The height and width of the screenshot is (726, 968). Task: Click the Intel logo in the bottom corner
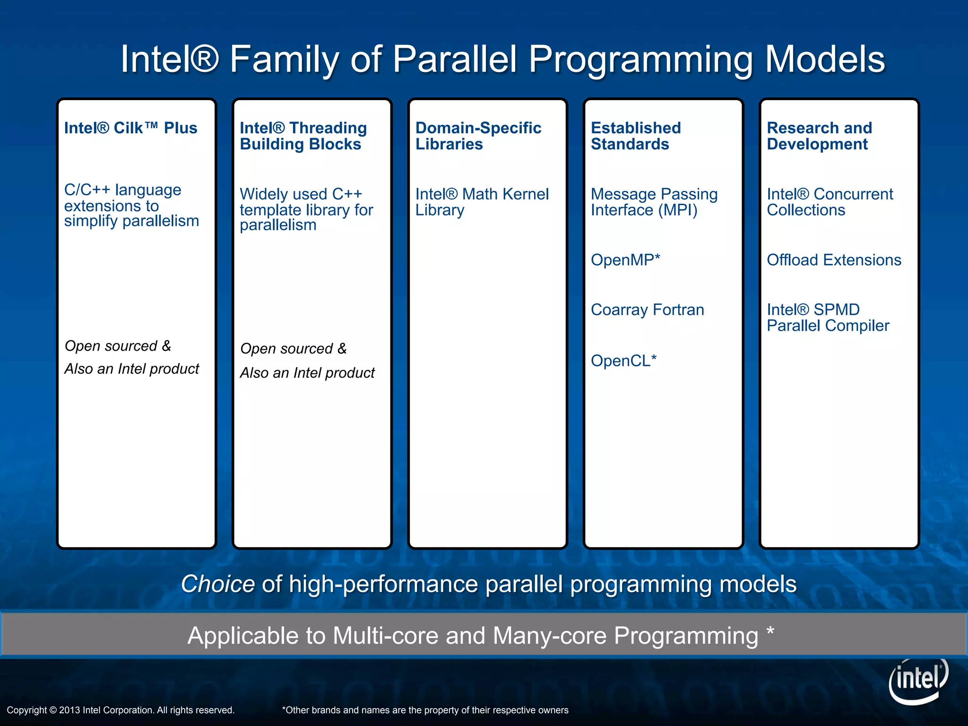click(x=918, y=681)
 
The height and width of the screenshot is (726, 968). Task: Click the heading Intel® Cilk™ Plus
click(x=130, y=128)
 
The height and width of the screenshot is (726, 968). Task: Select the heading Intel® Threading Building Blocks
click(x=302, y=136)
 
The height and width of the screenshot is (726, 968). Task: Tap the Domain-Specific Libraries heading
click(x=477, y=136)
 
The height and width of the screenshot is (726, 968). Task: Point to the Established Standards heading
click(x=635, y=136)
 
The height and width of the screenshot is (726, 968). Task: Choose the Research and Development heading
click(x=819, y=136)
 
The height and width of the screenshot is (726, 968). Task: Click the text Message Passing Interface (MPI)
click(x=654, y=202)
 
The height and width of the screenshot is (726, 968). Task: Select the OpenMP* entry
click(x=625, y=260)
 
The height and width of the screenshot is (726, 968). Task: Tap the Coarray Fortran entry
click(x=647, y=310)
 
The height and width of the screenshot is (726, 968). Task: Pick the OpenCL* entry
click(x=623, y=361)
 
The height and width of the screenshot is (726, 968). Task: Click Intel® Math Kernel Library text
click(x=481, y=202)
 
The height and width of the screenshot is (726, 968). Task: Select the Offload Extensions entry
click(x=833, y=260)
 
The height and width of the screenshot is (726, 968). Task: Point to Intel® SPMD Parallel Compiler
click(x=827, y=318)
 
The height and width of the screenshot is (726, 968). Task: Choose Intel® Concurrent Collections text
click(x=829, y=202)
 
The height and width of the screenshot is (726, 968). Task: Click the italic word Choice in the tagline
click(x=218, y=584)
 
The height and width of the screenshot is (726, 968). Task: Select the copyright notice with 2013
click(x=121, y=710)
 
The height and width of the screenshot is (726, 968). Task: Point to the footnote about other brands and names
click(x=424, y=710)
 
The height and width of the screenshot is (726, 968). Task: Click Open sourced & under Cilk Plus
click(x=118, y=346)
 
